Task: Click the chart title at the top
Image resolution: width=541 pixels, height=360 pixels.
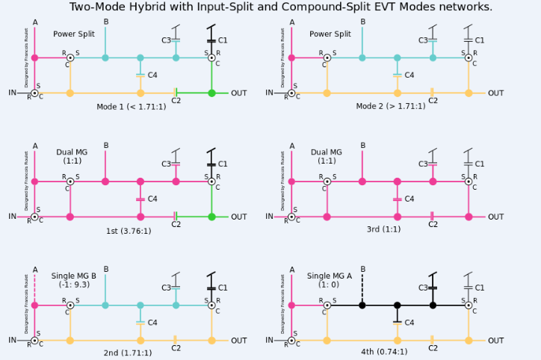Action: (281, 7)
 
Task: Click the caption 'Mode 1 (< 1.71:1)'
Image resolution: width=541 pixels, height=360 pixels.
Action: (132, 106)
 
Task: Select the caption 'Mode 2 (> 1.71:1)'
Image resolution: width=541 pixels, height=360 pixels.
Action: (390, 106)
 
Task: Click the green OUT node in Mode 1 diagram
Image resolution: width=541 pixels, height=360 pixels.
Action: (211, 93)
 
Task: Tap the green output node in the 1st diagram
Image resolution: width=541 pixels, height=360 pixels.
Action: (211, 217)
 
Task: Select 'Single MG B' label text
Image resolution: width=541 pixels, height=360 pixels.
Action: (73, 276)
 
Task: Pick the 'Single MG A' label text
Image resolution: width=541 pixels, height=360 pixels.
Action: (330, 276)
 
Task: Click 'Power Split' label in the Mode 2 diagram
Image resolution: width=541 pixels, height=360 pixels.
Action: (330, 34)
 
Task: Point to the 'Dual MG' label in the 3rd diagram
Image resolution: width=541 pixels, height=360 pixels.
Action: (327, 152)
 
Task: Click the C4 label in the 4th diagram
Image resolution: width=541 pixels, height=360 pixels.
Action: (409, 323)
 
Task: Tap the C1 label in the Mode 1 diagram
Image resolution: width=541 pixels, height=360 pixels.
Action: (223, 40)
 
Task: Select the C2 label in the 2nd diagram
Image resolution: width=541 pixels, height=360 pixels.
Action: (176, 348)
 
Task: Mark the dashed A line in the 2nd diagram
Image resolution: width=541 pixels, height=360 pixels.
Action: (34, 288)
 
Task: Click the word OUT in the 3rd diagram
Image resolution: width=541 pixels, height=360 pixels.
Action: (496, 217)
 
